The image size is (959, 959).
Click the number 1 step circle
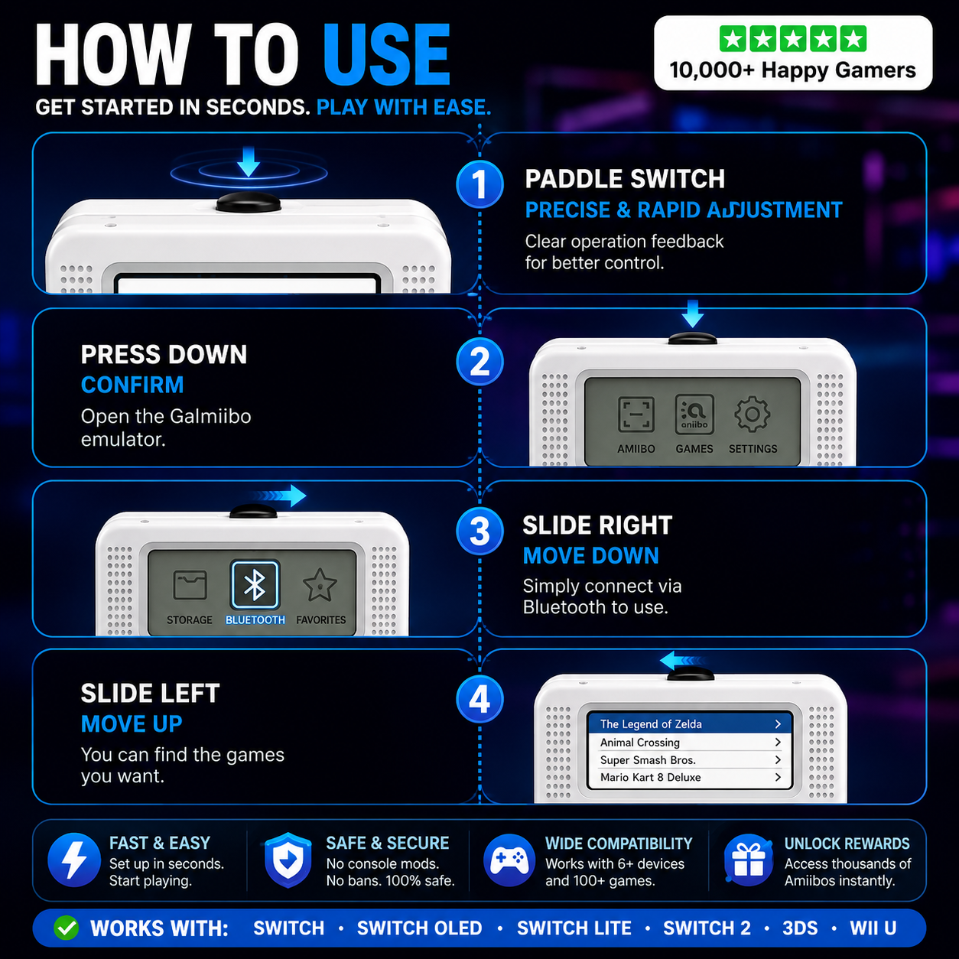coord(479,184)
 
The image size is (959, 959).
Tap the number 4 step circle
coord(479,699)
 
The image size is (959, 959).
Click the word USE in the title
coord(387,55)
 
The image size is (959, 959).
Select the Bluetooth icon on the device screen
coord(255,585)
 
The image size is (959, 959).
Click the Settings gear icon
coord(752,414)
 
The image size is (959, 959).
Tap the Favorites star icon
coord(320,585)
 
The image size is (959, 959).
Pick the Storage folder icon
coord(190,585)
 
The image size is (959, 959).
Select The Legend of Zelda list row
coord(690,724)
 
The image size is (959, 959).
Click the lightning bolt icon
coord(73,860)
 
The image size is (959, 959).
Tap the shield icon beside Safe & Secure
coord(288,860)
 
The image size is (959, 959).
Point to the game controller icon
coord(509,860)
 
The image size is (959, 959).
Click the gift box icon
coord(749,860)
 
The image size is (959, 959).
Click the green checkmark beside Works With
coord(67,928)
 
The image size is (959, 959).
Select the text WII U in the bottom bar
coord(873,928)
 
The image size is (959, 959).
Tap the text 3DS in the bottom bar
coord(800,928)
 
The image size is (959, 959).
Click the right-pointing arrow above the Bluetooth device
coord(278,496)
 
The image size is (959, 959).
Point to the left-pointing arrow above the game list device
coord(681,661)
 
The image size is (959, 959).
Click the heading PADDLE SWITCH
coord(625,179)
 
